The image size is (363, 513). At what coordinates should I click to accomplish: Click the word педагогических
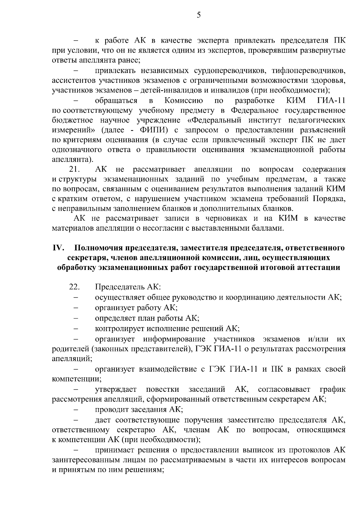click(x=315, y=120)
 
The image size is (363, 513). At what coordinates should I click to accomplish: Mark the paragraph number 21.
click(x=74, y=169)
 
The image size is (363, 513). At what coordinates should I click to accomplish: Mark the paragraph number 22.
click(x=74, y=287)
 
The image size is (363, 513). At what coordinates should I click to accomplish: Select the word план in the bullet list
click(x=147, y=318)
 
